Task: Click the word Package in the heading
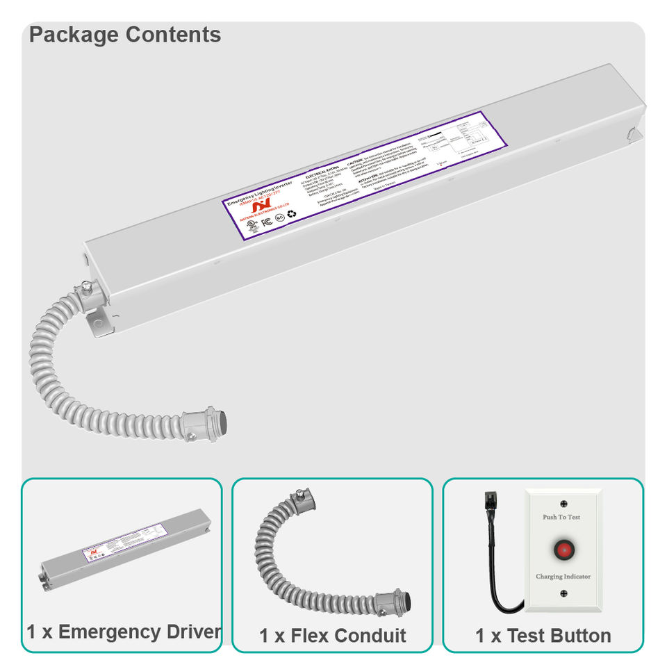pos(73,35)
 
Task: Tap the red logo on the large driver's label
pos(258,206)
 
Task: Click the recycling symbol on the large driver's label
pos(292,213)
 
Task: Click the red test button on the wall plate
pos(563,550)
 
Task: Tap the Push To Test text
pos(561,517)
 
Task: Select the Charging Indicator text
pos(563,577)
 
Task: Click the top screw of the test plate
pos(563,503)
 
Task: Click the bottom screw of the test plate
pos(563,593)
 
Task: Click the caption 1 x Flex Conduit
pos(332,635)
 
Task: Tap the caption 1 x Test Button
pos(543,635)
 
